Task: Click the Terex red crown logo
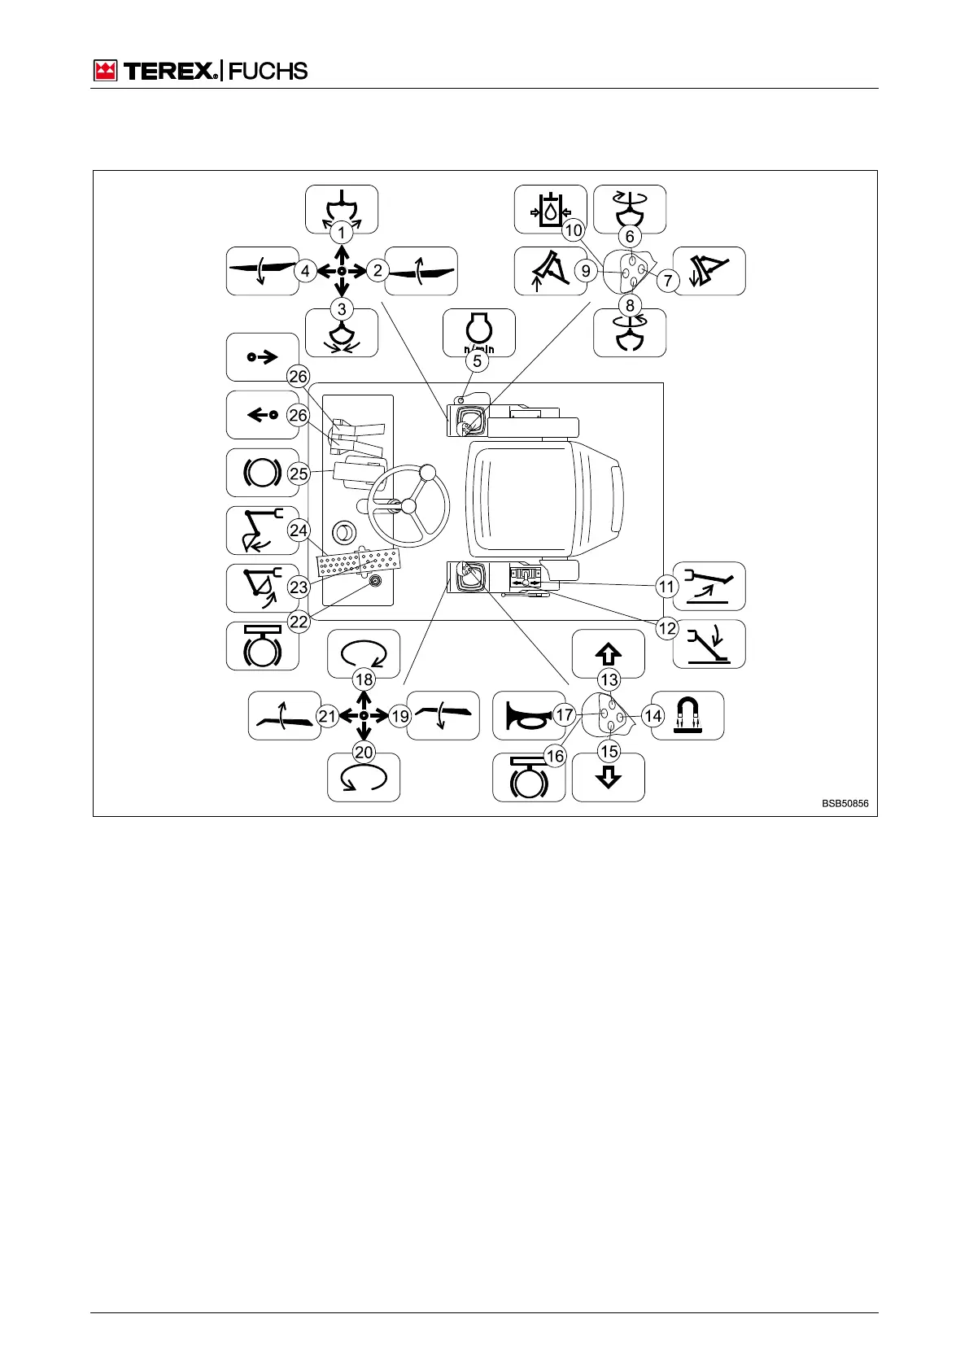coord(106,71)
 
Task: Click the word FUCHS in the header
coord(268,71)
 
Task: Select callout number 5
coord(478,360)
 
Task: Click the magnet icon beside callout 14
coord(687,715)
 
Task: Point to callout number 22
coord(299,622)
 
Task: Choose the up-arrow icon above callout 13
coord(609,653)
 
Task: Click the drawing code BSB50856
coord(845,804)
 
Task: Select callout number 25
coord(299,474)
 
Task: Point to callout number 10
coord(574,230)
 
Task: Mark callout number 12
coord(667,628)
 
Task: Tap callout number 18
coord(364,679)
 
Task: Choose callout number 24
coord(299,530)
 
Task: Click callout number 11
coord(667,586)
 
